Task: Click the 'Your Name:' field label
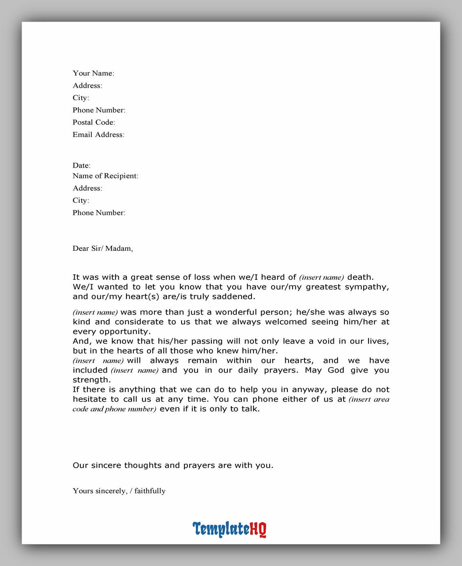93,73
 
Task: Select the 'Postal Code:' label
94,122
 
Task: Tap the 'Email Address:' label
98,135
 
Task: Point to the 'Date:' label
82,166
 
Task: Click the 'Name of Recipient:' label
105,176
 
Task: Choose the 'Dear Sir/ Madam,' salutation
103,248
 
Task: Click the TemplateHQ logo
229,529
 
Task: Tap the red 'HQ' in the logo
258,529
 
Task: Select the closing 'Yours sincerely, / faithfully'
119,491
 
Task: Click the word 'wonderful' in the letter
235,312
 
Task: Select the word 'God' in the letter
336,370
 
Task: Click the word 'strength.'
92,380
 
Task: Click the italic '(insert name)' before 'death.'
322,278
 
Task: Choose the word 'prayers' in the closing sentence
199,465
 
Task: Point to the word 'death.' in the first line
360,277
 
